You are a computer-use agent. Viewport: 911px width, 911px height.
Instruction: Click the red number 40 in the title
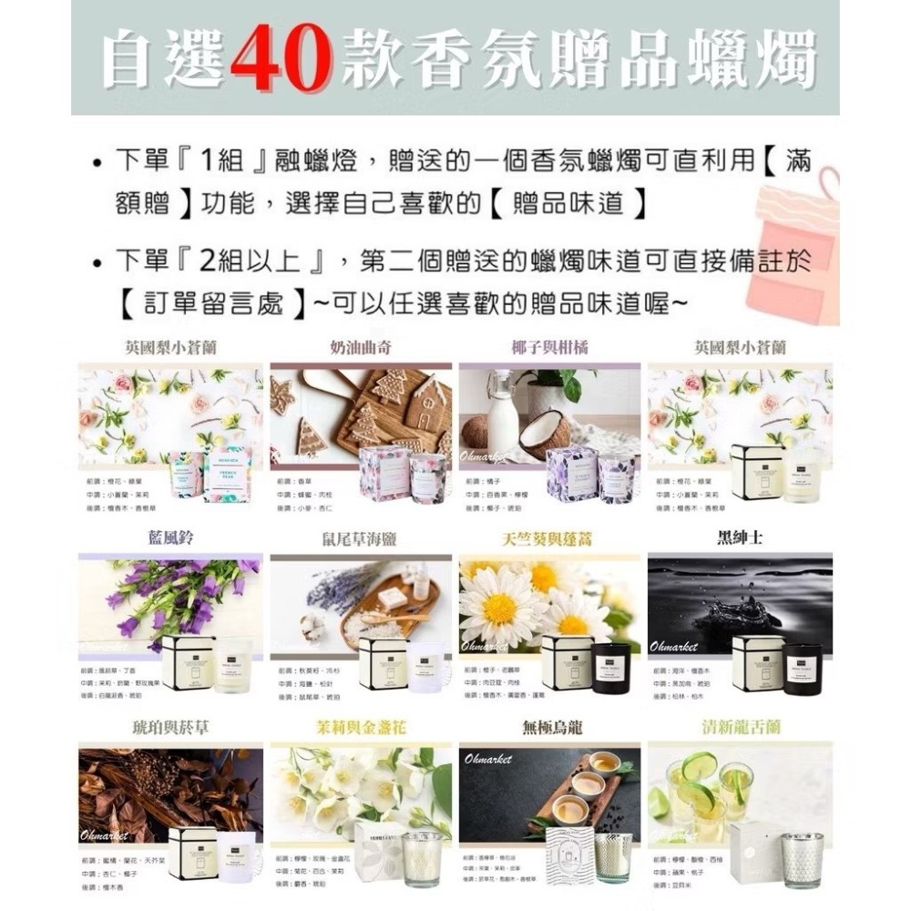coord(281,59)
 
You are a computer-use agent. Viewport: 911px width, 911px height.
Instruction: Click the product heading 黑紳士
coord(740,537)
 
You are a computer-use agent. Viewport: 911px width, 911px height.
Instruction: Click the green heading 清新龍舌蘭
coord(740,728)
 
